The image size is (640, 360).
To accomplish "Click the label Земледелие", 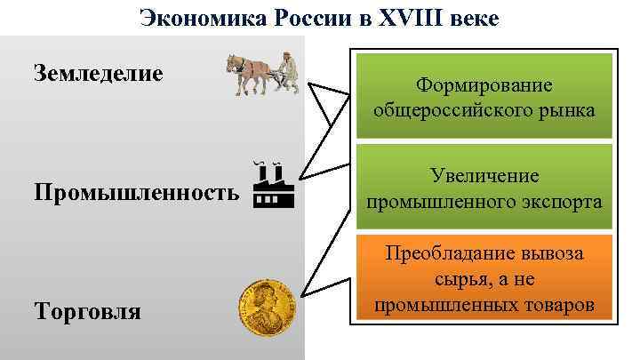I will click(99, 72).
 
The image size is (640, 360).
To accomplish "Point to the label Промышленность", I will click(136, 193).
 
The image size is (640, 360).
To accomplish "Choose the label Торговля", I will click(86, 312).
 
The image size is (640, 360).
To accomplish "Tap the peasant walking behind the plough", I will click(289, 72).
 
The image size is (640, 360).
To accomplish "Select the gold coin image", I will click(265, 308).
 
